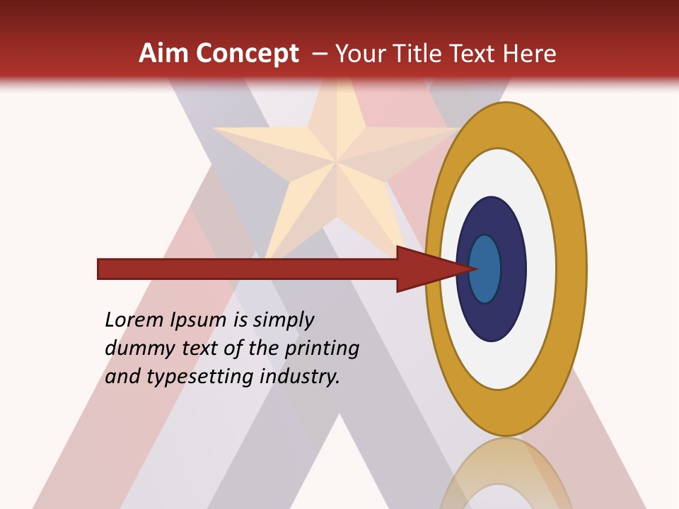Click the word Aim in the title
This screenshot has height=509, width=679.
[163, 54]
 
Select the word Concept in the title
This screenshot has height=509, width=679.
[248, 54]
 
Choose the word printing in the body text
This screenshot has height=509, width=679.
[321, 349]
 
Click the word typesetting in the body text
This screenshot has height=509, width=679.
[201, 377]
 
